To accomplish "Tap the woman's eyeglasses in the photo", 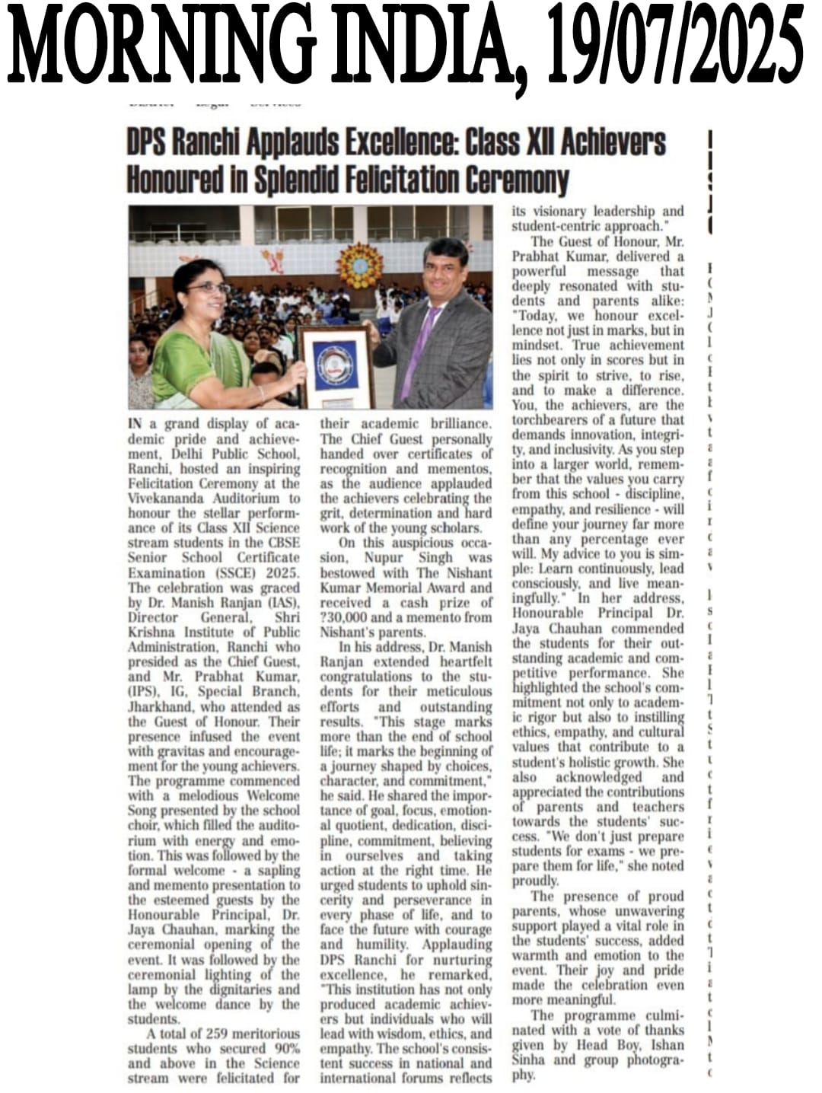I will click(x=207, y=288).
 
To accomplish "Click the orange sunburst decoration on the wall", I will click(x=359, y=266).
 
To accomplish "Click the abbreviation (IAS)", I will click(x=278, y=602).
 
